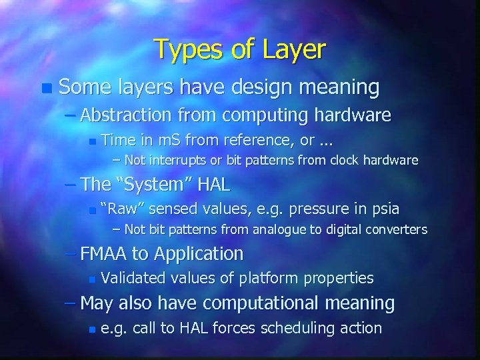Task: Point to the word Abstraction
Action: (135, 115)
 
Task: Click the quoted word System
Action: (145, 185)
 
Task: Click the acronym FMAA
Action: (105, 253)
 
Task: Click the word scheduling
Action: (294, 328)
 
